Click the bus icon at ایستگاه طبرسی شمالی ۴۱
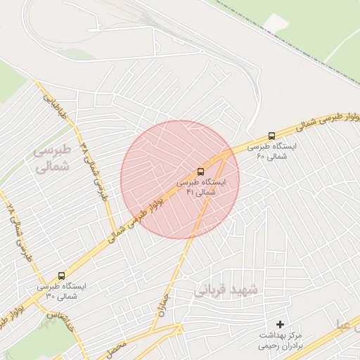(201, 171)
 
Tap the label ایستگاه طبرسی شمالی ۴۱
(201, 186)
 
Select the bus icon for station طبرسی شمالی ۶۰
(272, 136)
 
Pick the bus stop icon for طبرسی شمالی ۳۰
(62, 276)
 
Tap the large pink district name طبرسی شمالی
(53, 159)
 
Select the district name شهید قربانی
(226, 289)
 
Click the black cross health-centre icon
(281, 324)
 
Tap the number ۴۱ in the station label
(190, 192)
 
